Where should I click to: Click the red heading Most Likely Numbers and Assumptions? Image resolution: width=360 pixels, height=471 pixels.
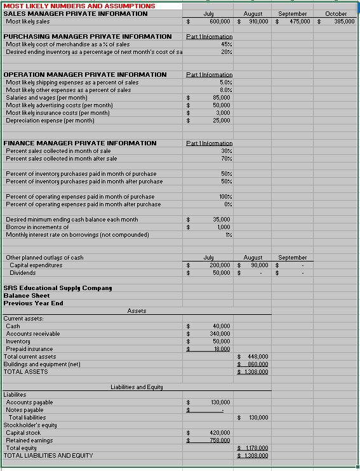[x=79, y=6]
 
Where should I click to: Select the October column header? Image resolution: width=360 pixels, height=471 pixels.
[x=336, y=13]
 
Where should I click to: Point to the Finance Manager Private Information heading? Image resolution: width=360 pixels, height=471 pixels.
[x=80, y=143]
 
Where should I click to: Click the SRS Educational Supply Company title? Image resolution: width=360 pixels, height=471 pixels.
[x=58, y=288]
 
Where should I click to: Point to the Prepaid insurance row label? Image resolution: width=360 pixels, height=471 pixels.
[x=29, y=348]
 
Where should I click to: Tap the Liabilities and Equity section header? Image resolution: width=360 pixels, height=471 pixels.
[x=137, y=387]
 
